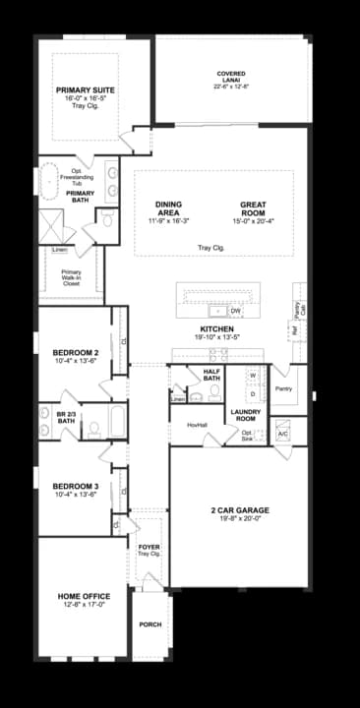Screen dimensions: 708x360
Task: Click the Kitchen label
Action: click(x=215, y=328)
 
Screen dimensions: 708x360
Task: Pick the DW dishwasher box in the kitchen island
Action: click(x=235, y=312)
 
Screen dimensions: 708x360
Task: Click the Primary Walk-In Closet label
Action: click(x=71, y=276)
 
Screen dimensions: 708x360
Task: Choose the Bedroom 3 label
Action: click(x=76, y=486)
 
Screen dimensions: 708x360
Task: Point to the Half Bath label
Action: click(x=210, y=375)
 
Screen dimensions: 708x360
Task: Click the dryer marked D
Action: click(x=252, y=393)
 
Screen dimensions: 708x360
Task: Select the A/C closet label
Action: click(x=282, y=433)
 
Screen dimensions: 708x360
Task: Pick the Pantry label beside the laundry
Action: click(x=283, y=388)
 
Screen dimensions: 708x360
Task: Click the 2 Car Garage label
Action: click(x=239, y=510)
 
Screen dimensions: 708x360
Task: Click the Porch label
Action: click(x=150, y=624)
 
